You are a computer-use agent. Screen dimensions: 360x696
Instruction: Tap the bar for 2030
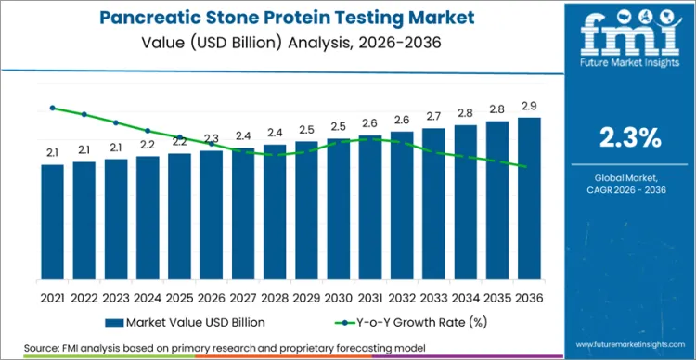[x=339, y=208]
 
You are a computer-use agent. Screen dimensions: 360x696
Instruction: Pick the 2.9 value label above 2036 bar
[x=529, y=105]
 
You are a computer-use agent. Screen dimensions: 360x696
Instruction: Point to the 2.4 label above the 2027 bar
[x=243, y=135]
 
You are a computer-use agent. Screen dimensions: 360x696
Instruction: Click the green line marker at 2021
[x=53, y=108]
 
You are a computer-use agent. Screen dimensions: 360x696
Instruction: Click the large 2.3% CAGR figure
[x=630, y=138]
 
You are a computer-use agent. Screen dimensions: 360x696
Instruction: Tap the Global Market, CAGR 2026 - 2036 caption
[x=630, y=183]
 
